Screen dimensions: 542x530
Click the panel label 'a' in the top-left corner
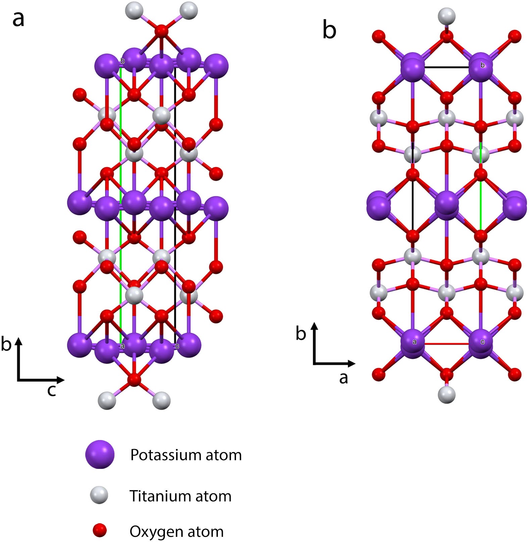[x=18, y=19]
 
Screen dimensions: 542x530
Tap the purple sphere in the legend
[x=100, y=454]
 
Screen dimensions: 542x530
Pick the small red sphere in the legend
[x=99, y=531]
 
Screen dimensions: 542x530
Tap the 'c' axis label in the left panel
[x=51, y=390]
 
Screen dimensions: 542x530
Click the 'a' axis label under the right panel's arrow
[x=343, y=378]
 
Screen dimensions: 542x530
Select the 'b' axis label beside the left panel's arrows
[x=6, y=344]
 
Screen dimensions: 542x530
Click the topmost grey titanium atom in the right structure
[x=446, y=16]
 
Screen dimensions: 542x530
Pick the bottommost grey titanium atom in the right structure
[x=446, y=394]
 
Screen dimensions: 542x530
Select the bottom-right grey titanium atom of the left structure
[x=161, y=400]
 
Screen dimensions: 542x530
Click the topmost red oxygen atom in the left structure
[x=161, y=31]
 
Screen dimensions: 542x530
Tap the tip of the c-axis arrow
[x=63, y=380]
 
